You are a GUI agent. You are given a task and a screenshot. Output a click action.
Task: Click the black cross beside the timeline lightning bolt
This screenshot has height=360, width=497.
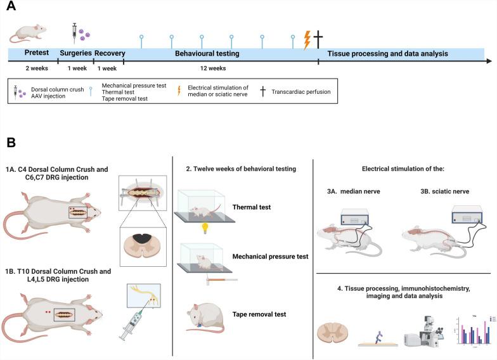pyautogui.click(x=318, y=39)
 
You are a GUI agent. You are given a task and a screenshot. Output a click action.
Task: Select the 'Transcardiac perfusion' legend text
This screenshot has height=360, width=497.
pyautogui.click(x=302, y=91)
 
